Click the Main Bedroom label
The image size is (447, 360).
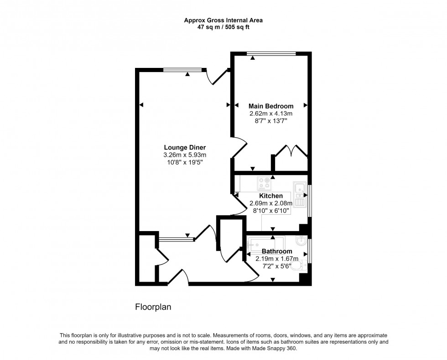[271, 106]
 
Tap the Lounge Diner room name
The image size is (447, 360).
[185, 148]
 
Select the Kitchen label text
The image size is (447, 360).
[271, 196]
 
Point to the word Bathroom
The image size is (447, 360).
[277, 252]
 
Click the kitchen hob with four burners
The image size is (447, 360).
[264, 183]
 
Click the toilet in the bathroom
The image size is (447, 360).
[298, 265]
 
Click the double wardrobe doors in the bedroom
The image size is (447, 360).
[292, 151]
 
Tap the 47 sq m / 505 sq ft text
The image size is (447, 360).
[223, 27]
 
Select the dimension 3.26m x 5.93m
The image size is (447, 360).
[185, 155]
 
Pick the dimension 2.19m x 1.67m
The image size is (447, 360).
[277, 259]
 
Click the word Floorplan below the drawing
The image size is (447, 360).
[153, 307]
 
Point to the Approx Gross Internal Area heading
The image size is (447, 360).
[223, 20]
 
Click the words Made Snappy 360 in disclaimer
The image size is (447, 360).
[277, 348]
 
